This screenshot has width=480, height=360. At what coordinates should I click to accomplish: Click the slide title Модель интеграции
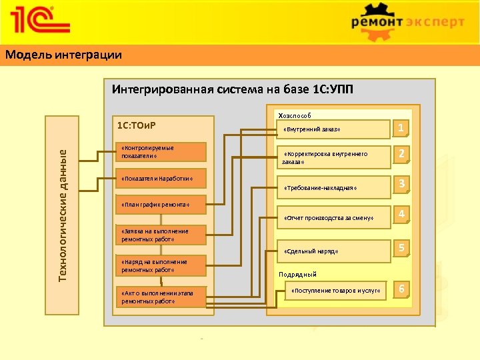point(64,55)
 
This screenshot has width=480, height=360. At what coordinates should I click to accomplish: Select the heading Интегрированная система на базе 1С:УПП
point(233,89)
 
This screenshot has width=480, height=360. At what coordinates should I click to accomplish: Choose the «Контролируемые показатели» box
point(162,152)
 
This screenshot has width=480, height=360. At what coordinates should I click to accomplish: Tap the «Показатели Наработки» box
point(162,179)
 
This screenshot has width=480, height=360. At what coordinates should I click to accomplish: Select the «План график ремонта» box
point(162,205)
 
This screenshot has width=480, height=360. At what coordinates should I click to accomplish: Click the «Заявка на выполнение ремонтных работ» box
point(162,235)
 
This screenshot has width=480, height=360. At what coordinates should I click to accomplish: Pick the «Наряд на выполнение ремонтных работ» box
point(162,266)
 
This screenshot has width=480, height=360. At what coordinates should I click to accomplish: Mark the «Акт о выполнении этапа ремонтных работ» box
point(162,297)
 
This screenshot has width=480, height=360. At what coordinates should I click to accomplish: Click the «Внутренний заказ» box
point(333,129)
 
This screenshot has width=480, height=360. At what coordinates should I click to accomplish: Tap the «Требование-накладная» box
point(333,188)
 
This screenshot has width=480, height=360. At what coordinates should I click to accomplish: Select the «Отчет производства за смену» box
point(333,218)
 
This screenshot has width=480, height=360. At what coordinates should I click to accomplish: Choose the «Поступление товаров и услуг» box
point(336,291)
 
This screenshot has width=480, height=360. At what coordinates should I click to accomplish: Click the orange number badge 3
point(401,183)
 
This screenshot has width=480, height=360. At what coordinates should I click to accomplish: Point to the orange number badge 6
point(401,289)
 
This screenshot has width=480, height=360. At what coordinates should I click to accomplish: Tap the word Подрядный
point(297,275)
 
